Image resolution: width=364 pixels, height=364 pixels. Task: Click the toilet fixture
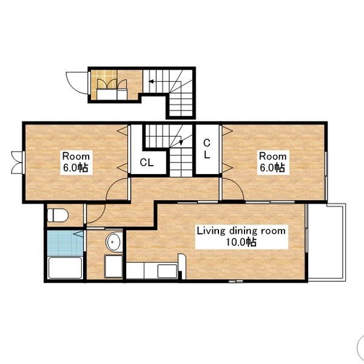(x=58, y=215)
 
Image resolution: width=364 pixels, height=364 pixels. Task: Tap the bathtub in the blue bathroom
(x=65, y=268)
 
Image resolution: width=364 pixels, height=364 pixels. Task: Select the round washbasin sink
(x=113, y=241)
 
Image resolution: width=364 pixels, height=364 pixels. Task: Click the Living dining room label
(x=241, y=237)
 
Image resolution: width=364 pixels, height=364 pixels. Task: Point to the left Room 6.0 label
(x=76, y=162)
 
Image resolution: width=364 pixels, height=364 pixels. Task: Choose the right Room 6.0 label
(x=273, y=162)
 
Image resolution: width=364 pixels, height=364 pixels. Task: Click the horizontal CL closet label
(x=147, y=163)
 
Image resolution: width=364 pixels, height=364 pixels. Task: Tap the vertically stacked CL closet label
(x=207, y=149)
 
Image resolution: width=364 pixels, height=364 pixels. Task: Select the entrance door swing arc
(x=77, y=83)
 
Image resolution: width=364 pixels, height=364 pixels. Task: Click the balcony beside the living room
(x=327, y=243)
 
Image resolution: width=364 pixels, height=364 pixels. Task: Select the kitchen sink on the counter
(x=167, y=271)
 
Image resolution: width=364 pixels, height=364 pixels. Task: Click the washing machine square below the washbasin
(x=113, y=266)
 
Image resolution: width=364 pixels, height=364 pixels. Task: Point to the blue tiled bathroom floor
(x=66, y=243)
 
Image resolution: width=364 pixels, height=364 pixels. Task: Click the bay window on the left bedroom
(x=18, y=162)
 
